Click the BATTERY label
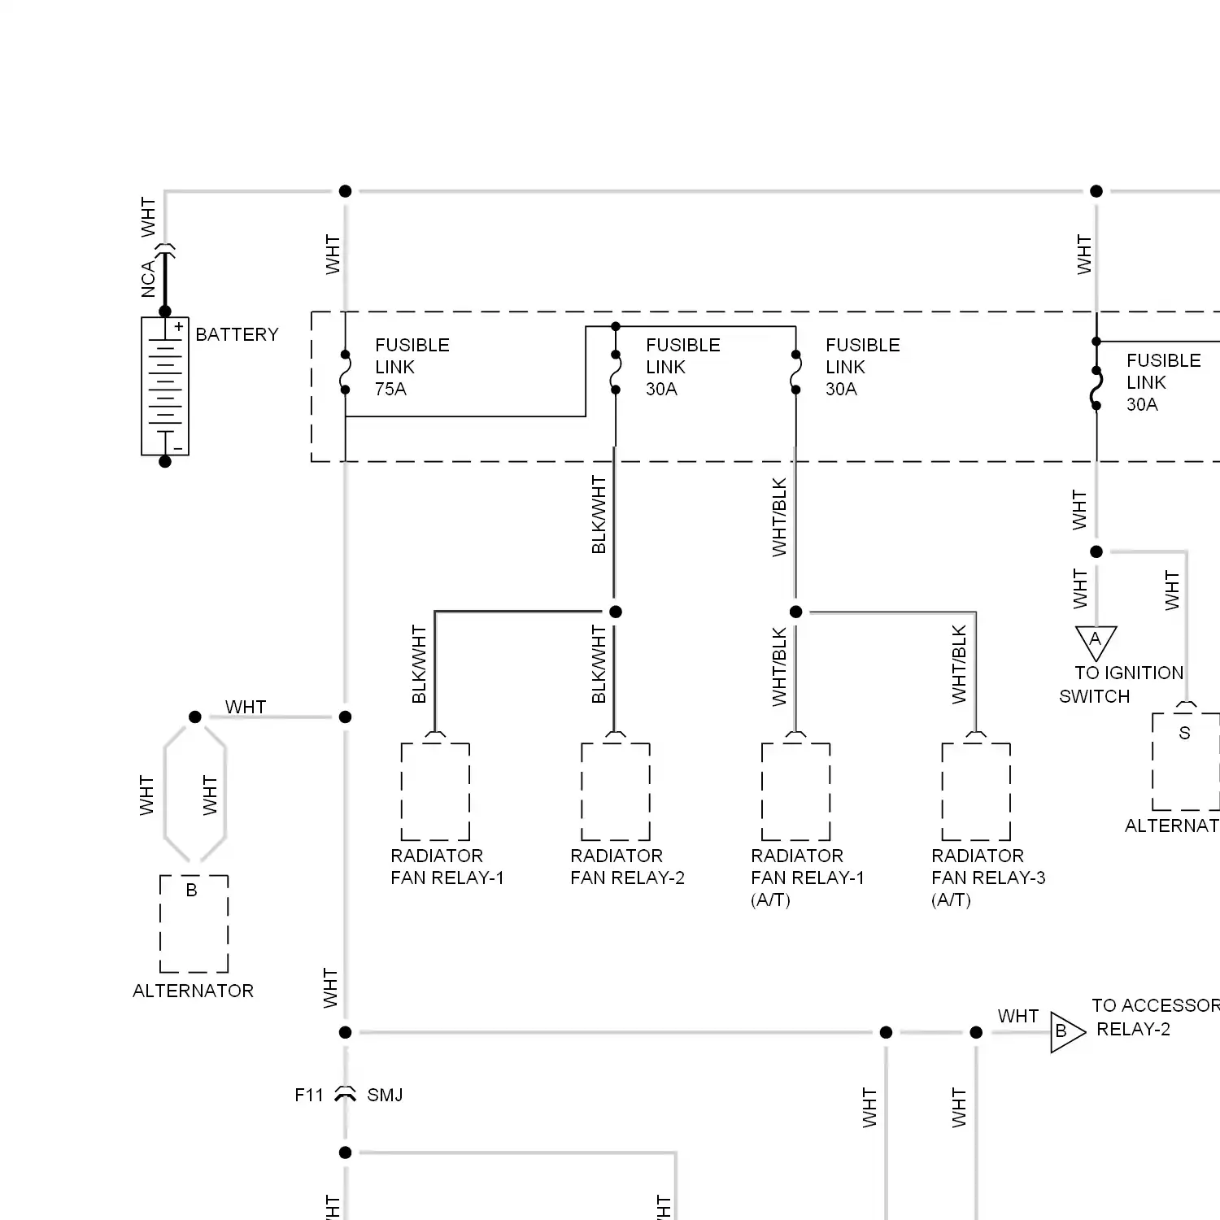pos(237,334)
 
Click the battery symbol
pos(165,386)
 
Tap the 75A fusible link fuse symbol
pos(346,373)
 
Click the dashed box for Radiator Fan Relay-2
pos(616,791)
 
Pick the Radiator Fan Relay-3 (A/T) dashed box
pos(976,791)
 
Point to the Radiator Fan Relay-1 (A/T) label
pos(807,878)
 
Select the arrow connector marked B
pos(1065,1032)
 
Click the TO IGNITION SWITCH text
pos(1122,684)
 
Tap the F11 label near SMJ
pos(309,1095)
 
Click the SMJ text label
pos(385,1095)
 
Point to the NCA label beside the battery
pos(148,279)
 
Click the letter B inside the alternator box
pos(192,890)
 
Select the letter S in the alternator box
pos(1184,733)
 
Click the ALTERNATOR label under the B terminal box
pos(193,991)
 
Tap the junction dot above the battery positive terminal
pos(165,311)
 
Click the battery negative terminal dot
pos(165,461)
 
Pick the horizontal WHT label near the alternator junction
pos(245,707)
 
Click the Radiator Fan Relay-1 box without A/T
pos(435,791)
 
